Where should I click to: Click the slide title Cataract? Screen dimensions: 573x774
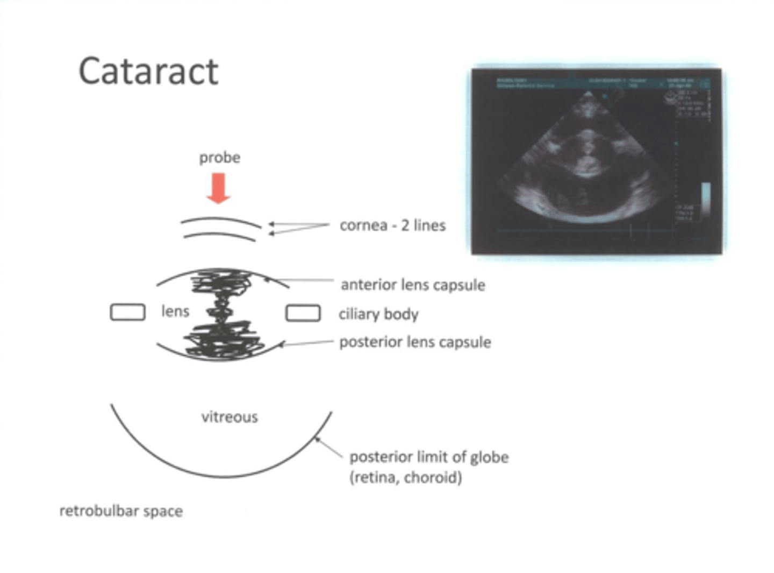point(148,72)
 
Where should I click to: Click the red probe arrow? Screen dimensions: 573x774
point(218,188)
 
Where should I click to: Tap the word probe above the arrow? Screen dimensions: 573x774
point(219,158)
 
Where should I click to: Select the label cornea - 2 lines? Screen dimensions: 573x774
point(392,225)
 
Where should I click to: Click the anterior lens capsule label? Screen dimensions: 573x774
point(413,285)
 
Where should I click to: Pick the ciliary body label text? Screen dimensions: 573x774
point(378,314)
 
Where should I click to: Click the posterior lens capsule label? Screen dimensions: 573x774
point(415,342)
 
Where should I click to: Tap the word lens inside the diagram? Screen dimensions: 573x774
point(175,311)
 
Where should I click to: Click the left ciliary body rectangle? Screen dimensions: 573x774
point(127,312)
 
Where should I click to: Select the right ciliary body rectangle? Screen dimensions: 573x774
point(303,313)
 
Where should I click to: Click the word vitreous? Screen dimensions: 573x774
point(230,417)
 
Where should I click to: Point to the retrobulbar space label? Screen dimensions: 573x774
point(121,511)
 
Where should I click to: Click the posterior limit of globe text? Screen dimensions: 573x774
point(429,457)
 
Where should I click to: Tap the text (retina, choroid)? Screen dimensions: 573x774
point(406,477)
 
